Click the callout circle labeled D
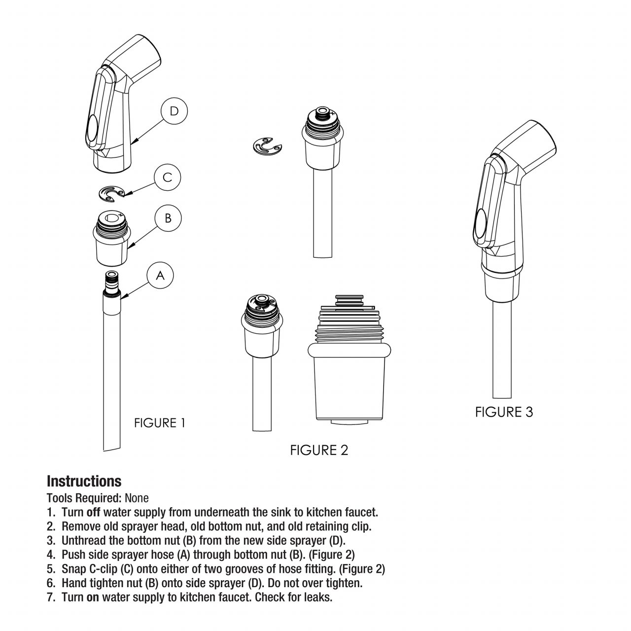tap(174, 111)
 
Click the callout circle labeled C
tap(168, 177)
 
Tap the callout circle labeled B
tap(168, 218)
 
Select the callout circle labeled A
tap(160, 276)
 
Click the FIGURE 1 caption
tap(160, 423)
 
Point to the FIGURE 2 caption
tap(319, 450)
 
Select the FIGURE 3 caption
tap(504, 412)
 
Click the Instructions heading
tap(84, 481)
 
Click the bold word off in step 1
tap(94, 512)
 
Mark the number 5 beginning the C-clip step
tap(50, 569)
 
